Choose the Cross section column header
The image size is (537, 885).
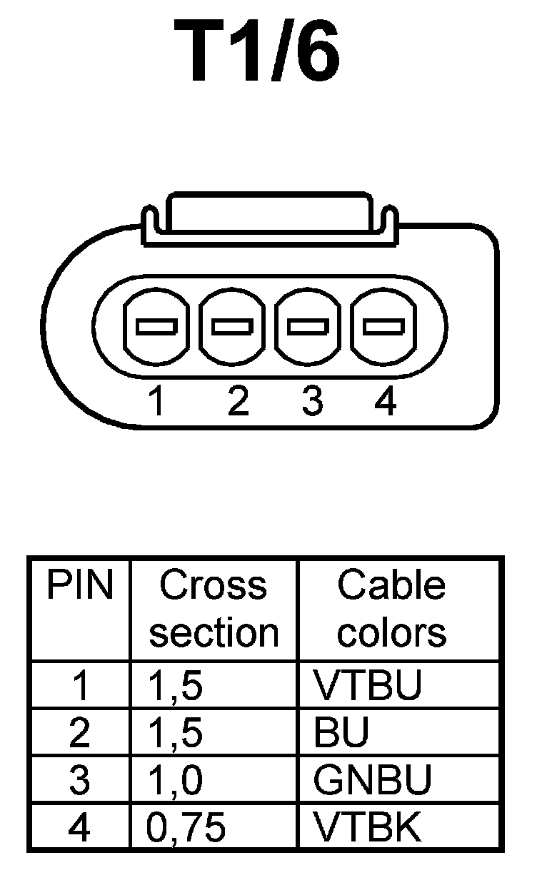pos(214,609)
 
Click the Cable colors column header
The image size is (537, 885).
pos(391,609)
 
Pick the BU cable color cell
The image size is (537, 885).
pos(341,733)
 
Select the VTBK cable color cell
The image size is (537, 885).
pos(367,828)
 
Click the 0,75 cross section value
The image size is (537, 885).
pos(186,828)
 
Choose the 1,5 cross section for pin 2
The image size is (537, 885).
pos(175,733)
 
